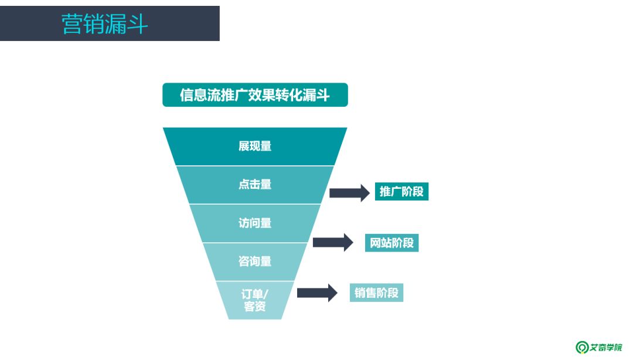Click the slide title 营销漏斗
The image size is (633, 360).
point(105,24)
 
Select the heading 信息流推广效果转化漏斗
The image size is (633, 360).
point(255,95)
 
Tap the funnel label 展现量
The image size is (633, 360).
point(255,146)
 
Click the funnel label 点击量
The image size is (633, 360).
point(255,184)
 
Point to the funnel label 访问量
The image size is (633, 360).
point(255,223)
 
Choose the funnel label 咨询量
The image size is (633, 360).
point(255,261)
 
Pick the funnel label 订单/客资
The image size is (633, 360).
point(255,300)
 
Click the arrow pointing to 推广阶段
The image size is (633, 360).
point(349,193)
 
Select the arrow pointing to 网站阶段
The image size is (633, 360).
point(333,242)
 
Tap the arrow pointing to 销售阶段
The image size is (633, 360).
point(317,293)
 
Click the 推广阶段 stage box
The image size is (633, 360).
point(401,192)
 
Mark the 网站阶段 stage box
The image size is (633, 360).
point(392,242)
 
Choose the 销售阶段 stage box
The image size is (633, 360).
point(376,293)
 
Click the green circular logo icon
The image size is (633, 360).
point(581,347)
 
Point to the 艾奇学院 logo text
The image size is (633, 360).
point(606,347)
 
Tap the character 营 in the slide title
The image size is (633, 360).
point(72,24)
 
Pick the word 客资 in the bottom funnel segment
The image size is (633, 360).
point(255,306)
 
